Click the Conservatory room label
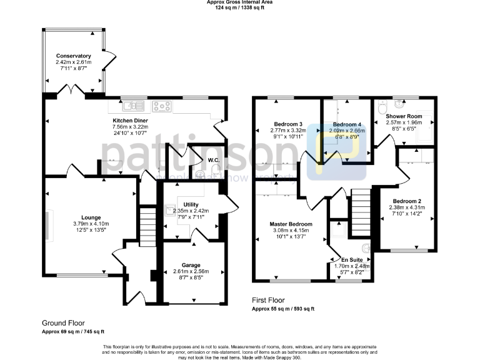(73, 56)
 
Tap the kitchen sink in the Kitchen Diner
(131, 106)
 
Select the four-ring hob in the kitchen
(162, 106)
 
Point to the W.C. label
(213, 160)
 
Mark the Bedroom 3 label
(288, 123)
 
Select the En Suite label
(351, 259)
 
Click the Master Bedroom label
(291, 224)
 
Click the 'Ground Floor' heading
(63, 323)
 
